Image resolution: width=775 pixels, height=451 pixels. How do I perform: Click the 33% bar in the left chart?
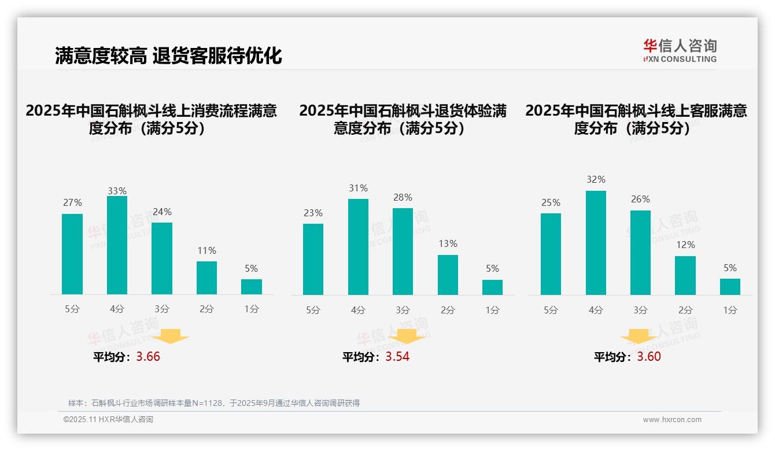coord(117,245)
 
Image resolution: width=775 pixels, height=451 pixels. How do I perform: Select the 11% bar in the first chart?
coord(206,278)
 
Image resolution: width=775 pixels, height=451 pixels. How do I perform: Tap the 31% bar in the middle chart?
coord(358,247)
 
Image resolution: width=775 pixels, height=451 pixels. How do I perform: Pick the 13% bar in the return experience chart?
coord(448,275)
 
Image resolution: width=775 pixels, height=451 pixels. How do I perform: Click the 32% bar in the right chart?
coord(596,243)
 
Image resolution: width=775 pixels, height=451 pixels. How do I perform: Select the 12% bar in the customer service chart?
coord(685,275)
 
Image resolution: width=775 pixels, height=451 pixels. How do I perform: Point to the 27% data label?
coord(72,203)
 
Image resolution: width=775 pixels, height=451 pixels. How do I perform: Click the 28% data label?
coord(403,198)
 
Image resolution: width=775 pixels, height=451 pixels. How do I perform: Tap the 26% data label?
coord(640,199)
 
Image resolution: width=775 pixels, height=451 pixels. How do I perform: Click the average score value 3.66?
coord(148,357)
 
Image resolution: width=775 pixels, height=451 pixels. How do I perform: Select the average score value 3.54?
coord(397,357)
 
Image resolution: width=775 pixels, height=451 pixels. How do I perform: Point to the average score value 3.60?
coord(649,357)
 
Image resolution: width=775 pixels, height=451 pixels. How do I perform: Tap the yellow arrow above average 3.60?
coord(639,336)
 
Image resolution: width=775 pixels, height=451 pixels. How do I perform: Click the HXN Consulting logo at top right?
coord(680,50)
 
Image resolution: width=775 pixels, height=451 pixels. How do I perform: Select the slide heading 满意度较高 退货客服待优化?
coord(168,56)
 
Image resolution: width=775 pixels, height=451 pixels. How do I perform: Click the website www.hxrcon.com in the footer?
coord(672,420)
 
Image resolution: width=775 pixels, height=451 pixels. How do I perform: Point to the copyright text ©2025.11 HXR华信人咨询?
coord(108,420)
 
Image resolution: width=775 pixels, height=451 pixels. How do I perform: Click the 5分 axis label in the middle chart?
coord(313,310)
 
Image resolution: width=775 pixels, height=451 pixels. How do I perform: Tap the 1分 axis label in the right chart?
coord(730,310)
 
